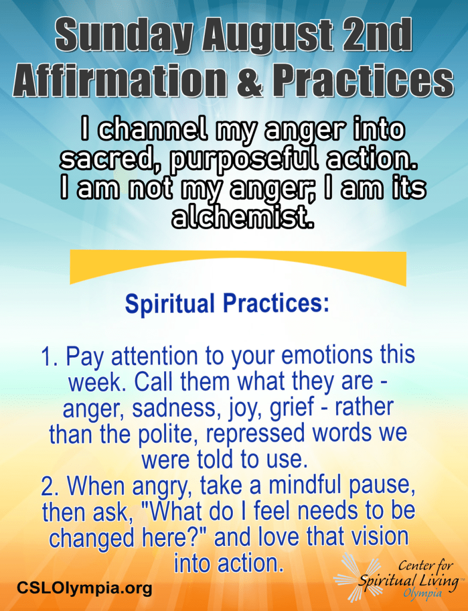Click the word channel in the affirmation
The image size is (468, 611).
pyautogui.click(x=151, y=129)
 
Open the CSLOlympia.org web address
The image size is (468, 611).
pyautogui.click(x=84, y=588)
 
